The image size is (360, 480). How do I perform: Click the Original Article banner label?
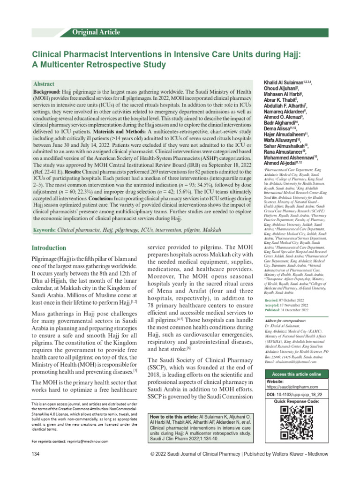coord(96,32)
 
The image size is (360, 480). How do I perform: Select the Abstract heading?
coord(43,83)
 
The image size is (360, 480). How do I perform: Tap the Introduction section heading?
coord(48,247)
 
